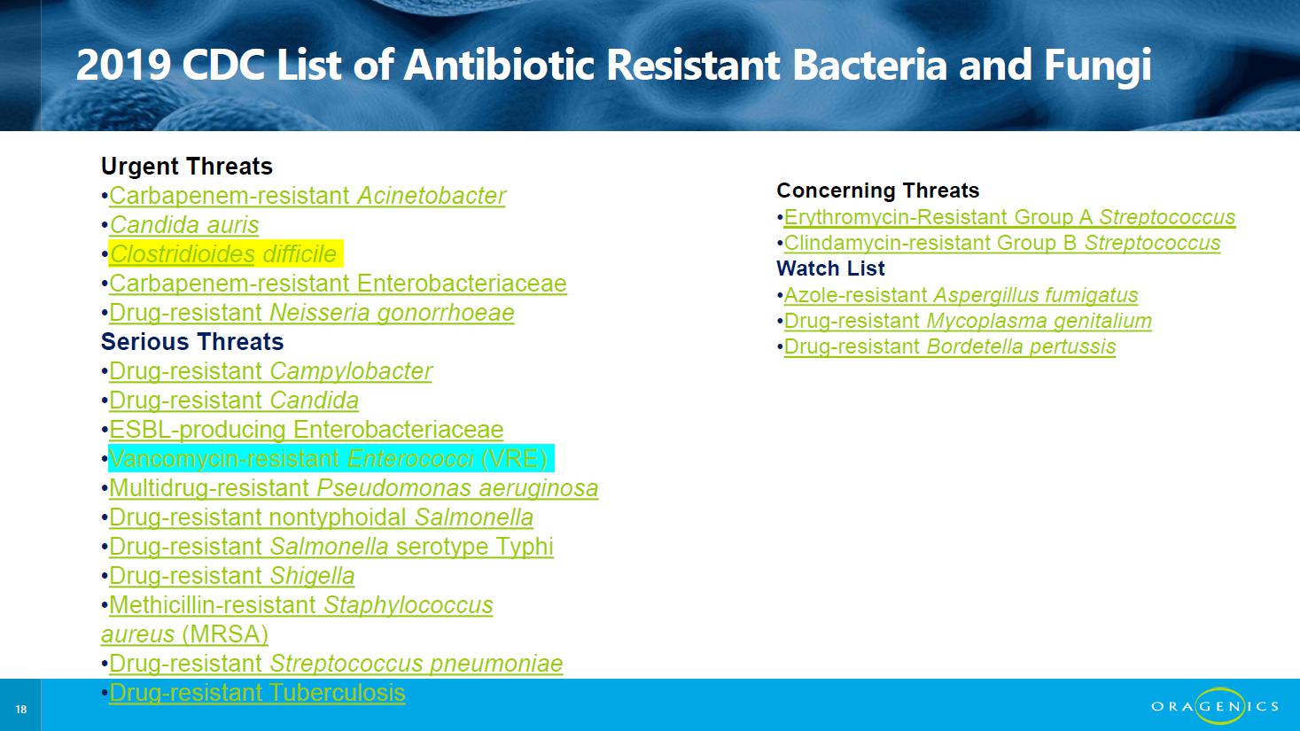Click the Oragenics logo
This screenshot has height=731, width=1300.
click(x=1215, y=706)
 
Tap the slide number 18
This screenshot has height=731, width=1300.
click(x=21, y=709)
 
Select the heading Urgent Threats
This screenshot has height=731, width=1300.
click(x=187, y=167)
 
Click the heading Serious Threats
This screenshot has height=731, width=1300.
click(x=192, y=342)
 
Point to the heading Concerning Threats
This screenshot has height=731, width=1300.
click(x=877, y=191)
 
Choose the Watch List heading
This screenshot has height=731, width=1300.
click(x=830, y=268)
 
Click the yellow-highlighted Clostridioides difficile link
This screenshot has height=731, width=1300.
click(x=222, y=254)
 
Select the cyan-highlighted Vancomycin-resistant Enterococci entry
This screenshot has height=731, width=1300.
click(x=328, y=459)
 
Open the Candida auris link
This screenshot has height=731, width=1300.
click(x=184, y=225)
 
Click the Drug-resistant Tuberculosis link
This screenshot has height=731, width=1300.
click(x=257, y=693)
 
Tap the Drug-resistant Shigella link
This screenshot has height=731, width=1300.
click(x=231, y=576)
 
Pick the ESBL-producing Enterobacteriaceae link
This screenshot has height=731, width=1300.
click(x=306, y=430)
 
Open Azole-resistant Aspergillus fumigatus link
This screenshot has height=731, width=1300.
click(x=961, y=295)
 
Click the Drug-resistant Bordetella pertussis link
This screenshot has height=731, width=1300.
click(x=950, y=347)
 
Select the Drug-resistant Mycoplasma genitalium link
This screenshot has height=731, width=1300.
click(x=968, y=321)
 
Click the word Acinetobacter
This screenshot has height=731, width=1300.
click(x=432, y=196)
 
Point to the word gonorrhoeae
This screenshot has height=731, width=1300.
click(x=446, y=314)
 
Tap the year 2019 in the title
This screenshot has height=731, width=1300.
click(x=123, y=65)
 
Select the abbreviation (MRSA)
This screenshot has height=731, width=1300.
click(x=225, y=634)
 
